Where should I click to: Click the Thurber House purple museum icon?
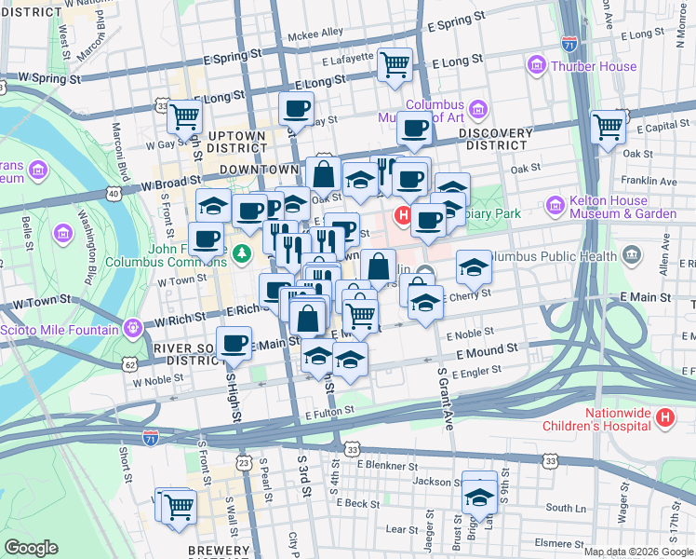[536, 66]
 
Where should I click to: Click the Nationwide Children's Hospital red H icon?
[664, 418]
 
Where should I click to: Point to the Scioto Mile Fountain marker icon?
[134, 330]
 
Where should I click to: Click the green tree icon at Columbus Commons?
[242, 252]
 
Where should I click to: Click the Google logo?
[31, 548]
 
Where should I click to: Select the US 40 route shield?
[114, 193]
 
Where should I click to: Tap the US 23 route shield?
[244, 461]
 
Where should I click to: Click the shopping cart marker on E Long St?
[395, 64]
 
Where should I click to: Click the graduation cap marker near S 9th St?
[480, 497]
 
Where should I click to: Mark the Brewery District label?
[218, 551]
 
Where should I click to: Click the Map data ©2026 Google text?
[637, 551]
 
